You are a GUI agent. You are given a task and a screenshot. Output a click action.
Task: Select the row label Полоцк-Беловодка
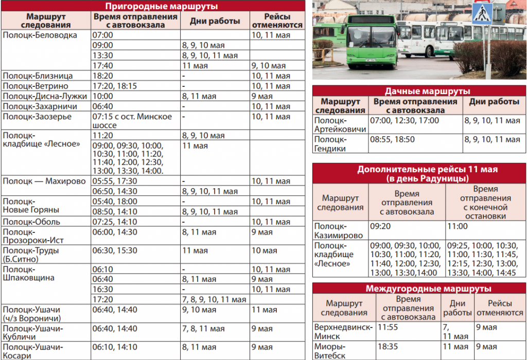coord(40,35)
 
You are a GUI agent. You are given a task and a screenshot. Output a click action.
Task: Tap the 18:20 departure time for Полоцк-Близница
coord(102,76)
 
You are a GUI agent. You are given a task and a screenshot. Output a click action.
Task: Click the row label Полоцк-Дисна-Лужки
coord(45,96)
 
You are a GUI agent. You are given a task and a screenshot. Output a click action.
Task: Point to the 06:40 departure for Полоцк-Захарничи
coord(102,106)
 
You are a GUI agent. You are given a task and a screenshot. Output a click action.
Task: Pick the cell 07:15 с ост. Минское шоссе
coord(132,121)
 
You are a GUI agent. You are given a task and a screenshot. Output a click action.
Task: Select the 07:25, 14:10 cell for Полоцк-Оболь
coord(114,222)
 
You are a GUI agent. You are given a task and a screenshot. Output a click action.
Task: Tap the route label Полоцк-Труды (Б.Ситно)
coord(31,255)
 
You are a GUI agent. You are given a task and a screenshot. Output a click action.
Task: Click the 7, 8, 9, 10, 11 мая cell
coord(214,299)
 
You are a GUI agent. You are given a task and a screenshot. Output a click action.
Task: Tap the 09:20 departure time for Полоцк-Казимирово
coord(380,226)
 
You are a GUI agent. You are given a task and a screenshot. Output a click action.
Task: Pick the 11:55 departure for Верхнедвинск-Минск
coord(388,327)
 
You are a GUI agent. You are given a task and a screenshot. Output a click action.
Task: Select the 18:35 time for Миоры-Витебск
coord(388,347)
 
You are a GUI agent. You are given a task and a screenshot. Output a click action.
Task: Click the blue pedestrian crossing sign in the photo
coord(482,13)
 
